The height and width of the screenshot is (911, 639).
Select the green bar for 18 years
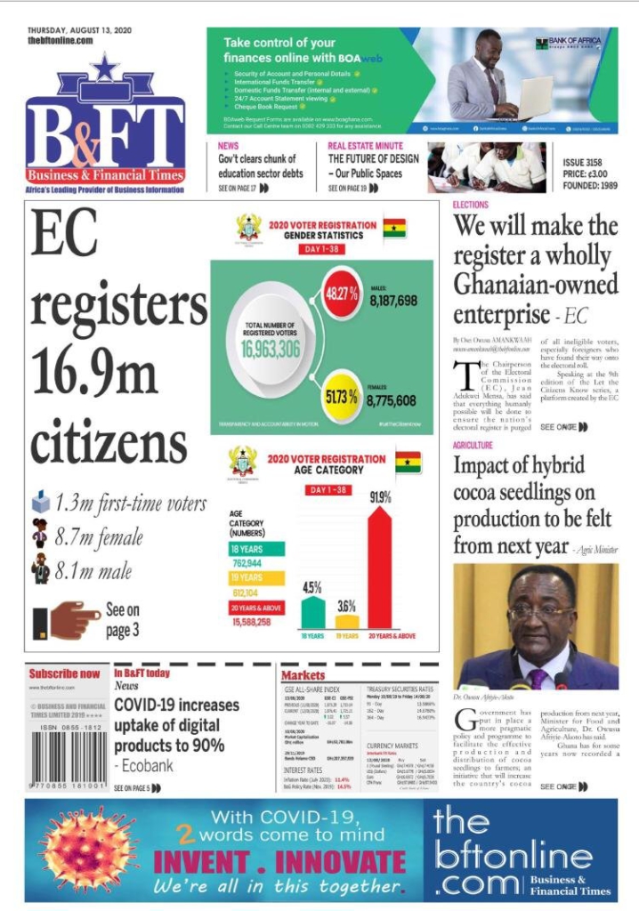coord(312,612)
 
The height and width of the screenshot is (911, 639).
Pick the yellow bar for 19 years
coord(347,621)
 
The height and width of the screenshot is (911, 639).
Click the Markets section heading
coord(303,675)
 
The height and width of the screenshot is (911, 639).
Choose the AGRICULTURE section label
coord(473,445)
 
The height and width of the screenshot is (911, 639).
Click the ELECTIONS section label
coord(471,205)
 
